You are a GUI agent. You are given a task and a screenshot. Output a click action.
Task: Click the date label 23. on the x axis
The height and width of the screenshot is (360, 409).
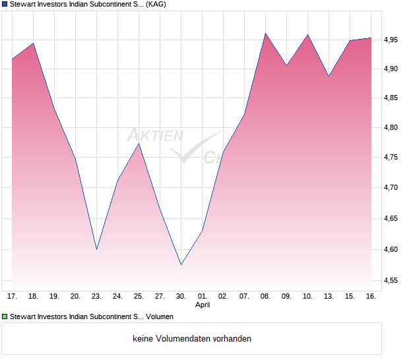point(96,297)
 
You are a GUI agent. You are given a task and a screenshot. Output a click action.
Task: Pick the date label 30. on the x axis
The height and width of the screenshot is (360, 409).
point(181,297)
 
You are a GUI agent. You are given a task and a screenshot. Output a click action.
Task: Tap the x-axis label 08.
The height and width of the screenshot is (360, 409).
point(265,297)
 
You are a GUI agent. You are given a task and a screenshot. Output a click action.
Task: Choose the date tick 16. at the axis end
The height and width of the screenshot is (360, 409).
point(371,297)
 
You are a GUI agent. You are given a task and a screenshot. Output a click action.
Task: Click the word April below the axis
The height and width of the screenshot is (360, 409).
point(202,305)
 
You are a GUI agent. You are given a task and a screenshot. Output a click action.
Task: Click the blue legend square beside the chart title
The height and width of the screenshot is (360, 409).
point(5,5)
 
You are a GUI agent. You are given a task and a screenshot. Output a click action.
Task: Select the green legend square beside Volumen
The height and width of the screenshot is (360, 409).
point(5,317)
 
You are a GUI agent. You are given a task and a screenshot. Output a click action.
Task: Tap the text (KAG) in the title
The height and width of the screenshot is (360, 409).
point(156,5)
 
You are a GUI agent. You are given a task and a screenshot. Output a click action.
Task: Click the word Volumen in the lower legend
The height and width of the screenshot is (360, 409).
point(160,317)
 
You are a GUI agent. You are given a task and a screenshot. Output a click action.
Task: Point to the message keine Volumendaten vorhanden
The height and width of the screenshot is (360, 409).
point(192,338)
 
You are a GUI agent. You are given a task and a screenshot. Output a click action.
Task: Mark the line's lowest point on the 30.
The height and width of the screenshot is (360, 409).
point(181,264)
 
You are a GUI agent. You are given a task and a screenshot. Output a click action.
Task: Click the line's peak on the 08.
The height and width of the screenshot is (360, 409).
point(265,34)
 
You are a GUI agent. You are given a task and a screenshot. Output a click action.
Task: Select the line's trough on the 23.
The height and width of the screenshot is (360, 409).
point(97,249)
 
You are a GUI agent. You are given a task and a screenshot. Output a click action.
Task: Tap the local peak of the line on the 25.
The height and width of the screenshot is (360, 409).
point(139,144)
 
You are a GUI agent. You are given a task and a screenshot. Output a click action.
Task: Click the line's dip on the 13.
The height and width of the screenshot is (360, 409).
point(329,76)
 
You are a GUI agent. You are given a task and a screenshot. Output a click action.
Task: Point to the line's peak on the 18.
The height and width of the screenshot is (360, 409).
point(34,44)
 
